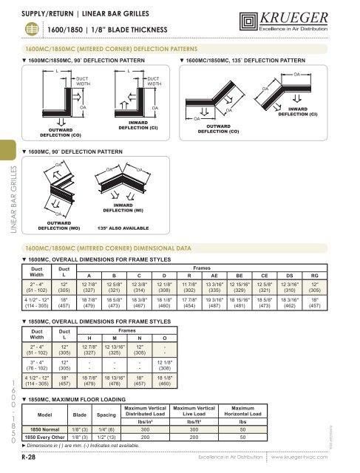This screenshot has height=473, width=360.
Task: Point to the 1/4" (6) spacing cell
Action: (x=113, y=427)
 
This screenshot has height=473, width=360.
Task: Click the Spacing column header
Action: (x=113, y=414)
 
